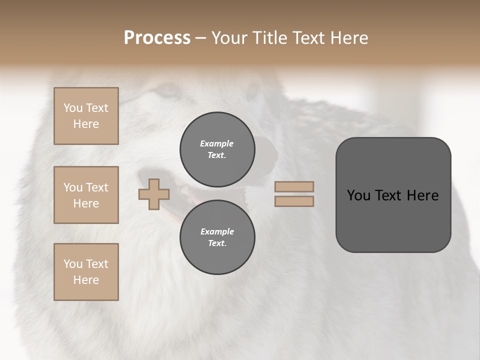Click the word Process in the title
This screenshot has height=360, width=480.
(x=157, y=38)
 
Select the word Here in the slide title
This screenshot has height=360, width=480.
(x=347, y=38)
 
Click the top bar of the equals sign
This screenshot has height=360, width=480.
(x=294, y=187)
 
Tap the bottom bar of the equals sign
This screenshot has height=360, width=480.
(x=294, y=201)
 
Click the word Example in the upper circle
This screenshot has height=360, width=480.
(x=217, y=143)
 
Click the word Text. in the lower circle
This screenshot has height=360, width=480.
(x=217, y=243)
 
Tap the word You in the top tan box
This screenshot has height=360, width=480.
(x=73, y=108)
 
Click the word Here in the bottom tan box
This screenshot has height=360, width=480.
(x=86, y=280)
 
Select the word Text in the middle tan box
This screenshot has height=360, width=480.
(x=96, y=187)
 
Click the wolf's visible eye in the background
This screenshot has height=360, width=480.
(x=167, y=91)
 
